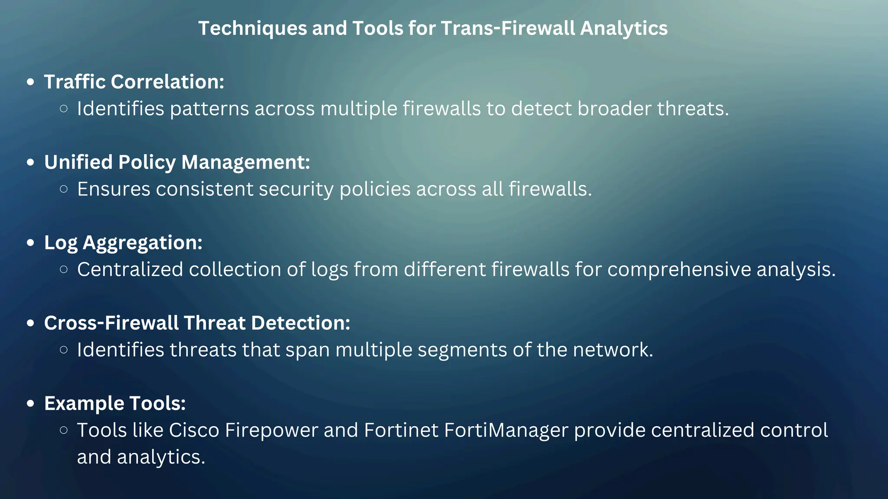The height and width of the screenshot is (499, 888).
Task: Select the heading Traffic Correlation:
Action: pyautogui.click(x=134, y=82)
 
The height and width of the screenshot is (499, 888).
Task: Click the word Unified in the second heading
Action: pyautogui.click(x=78, y=162)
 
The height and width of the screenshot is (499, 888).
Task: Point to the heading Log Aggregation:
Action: pyautogui.click(x=123, y=243)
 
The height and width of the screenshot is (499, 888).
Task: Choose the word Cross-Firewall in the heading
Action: pyautogui.click(x=111, y=323)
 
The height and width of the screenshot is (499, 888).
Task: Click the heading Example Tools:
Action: pyautogui.click(x=115, y=404)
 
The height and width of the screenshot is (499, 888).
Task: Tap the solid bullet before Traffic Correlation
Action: pyautogui.click(x=30, y=82)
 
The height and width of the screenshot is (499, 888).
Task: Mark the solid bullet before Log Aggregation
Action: pyautogui.click(x=30, y=243)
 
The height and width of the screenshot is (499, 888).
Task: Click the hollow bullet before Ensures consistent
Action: pyautogui.click(x=64, y=189)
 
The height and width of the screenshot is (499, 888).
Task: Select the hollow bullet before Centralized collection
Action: pyautogui.click(x=64, y=269)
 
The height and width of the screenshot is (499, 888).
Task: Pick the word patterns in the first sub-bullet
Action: pyautogui.click(x=209, y=109)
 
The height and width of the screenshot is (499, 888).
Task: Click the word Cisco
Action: pyautogui.click(x=194, y=431)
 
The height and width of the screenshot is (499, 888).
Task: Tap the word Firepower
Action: pyautogui.click(x=271, y=431)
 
